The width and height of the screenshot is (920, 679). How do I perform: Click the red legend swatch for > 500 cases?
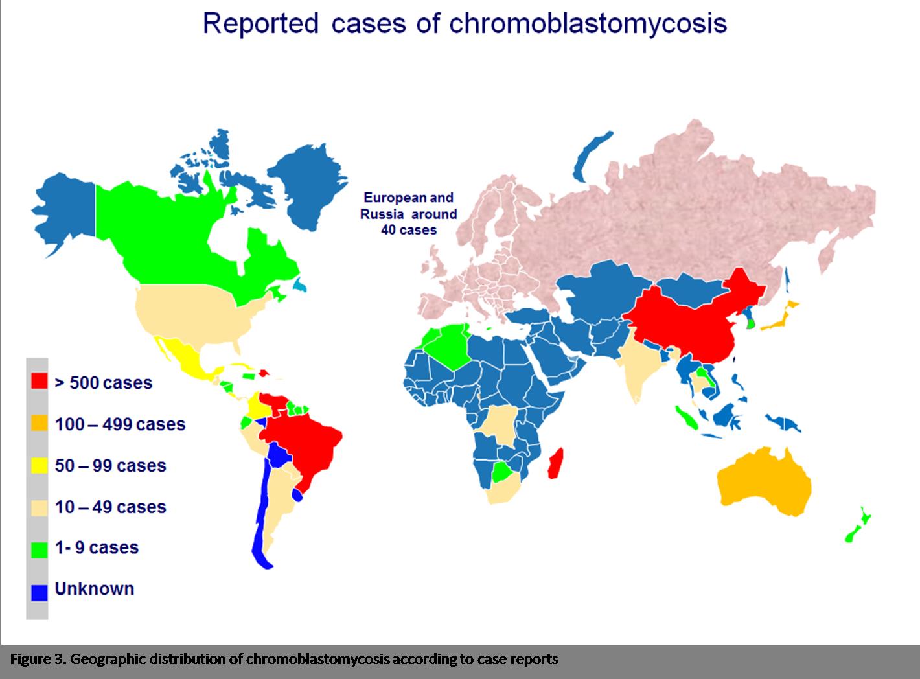(x=40, y=382)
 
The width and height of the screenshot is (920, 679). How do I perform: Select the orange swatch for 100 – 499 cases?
(x=40, y=424)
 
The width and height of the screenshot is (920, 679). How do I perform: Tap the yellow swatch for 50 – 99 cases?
(x=40, y=466)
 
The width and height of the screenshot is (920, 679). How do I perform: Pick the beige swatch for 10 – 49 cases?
(x=40, y=507)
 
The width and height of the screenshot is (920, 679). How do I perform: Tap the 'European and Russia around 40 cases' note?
(x=409, y=214)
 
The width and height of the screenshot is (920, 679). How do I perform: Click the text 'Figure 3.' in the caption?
(x=37, y=660)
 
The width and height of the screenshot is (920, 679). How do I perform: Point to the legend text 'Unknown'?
(x=95, y=589)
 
